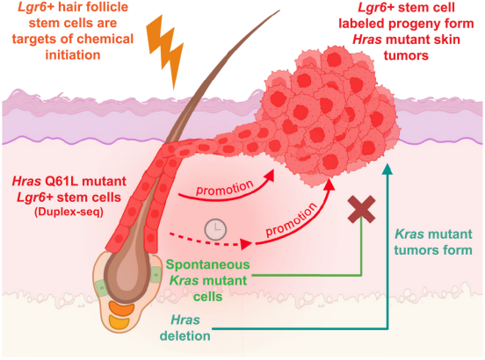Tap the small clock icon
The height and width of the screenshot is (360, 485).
215,229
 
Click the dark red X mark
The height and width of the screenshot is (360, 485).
361,209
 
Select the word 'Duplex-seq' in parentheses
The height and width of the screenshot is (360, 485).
69,212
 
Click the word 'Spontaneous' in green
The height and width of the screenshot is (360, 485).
207,264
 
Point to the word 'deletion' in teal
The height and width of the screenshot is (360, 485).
185,336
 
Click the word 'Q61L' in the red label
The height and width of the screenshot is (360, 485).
60,181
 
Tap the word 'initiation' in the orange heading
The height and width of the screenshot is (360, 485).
73,55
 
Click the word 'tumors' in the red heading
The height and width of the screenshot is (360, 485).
406,55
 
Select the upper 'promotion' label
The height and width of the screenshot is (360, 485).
225,188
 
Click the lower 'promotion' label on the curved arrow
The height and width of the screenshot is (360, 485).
292,220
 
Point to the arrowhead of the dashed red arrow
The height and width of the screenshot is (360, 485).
247,244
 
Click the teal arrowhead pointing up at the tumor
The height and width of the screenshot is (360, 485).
387,169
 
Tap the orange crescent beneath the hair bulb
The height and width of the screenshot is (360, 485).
121,309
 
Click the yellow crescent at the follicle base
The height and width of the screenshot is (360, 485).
119,322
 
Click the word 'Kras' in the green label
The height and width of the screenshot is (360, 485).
185,281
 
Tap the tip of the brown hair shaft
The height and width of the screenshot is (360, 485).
279,11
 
